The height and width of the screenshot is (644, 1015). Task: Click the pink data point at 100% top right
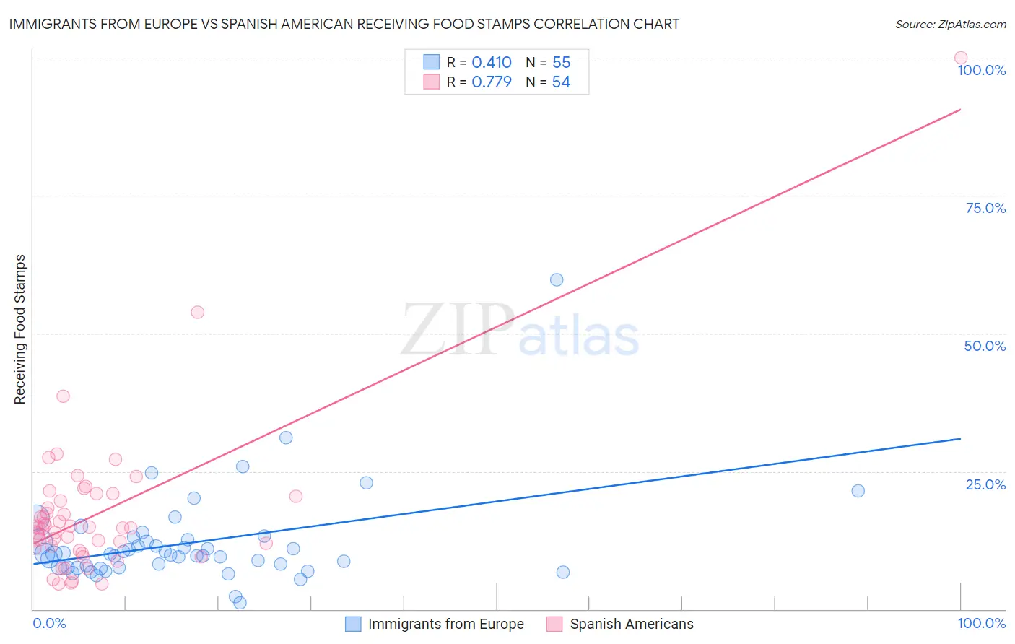coord(960,58)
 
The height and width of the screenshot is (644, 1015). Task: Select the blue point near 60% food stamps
coord(557,279)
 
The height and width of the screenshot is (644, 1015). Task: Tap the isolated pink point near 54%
coord(197,312)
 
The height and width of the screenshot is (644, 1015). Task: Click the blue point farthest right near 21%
coord(858,491)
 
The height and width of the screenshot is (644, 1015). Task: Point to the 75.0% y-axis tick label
coord(985,208)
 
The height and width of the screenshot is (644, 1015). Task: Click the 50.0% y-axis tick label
coord(985,346)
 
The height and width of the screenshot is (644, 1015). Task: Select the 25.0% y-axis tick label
coord(985,484)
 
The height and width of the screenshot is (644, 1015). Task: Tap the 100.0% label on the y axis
coord(981,70)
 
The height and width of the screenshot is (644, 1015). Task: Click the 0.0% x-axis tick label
coord(49,623)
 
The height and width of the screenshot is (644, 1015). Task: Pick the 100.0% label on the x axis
coord(981,623)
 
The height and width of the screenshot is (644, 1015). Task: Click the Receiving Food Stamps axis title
coord(20,329)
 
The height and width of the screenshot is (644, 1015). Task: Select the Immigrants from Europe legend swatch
coord(353,624)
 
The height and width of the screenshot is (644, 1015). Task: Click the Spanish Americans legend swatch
coord(554,624)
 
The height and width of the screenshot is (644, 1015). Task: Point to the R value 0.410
coord(491,63)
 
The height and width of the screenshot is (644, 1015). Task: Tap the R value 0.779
coord(491,82)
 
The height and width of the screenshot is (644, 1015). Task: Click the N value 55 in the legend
coord(561,63)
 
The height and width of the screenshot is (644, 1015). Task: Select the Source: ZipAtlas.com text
coord(950,25)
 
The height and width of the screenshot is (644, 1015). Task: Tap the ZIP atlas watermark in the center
coord(520,331)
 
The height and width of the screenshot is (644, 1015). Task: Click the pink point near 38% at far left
coord(63,396)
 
